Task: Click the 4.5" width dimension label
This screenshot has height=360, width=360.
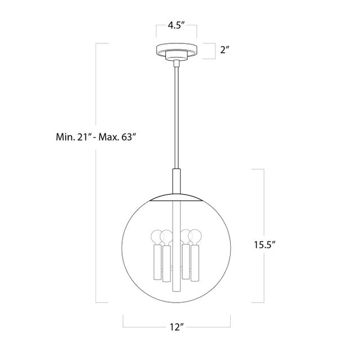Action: [176, 25]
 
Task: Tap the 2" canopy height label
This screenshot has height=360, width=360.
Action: [225, 49]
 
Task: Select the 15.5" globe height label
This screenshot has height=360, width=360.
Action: [264, 245]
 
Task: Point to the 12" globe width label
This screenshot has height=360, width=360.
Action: [177, 327]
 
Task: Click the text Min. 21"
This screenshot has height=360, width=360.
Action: [73, 137]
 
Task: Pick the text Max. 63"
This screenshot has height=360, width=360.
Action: [116, 137]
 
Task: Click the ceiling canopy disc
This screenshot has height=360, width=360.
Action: [177, 49]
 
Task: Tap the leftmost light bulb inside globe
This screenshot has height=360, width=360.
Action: [157, 237]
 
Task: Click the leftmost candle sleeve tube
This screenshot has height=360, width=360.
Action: [157, 262]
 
